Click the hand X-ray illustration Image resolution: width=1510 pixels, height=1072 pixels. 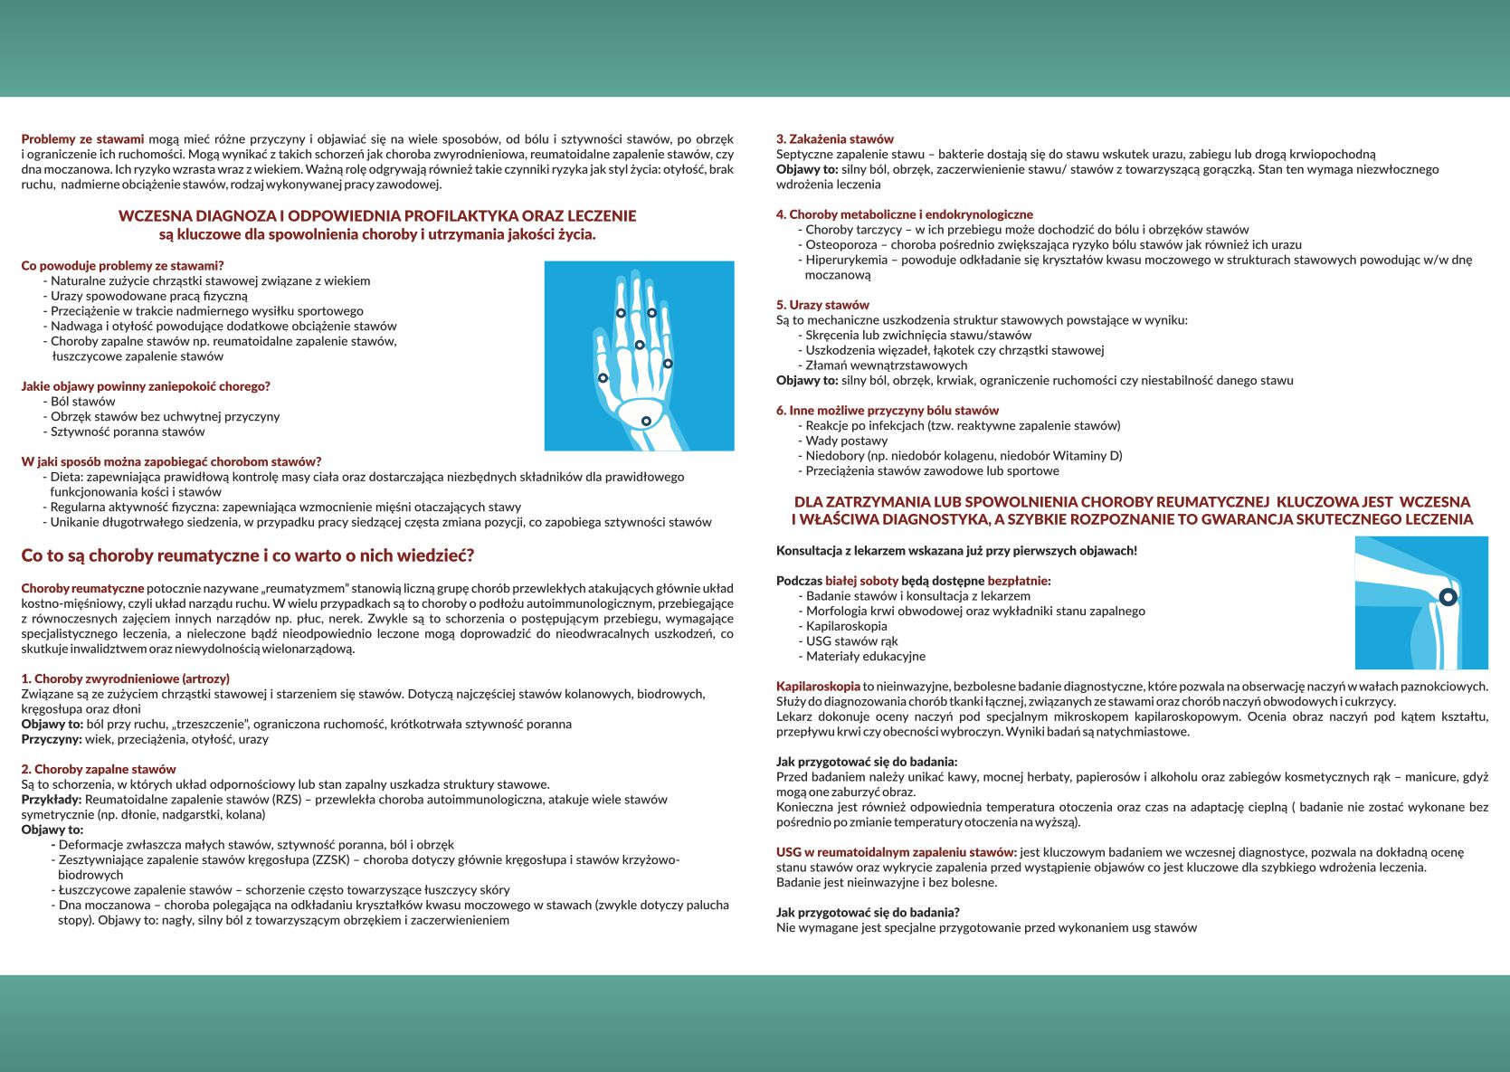point(639,356)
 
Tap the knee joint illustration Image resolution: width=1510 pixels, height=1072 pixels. point(1420,602)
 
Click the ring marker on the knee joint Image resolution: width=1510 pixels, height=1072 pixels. point(1448,597)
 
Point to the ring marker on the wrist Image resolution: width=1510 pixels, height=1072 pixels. point(646,422)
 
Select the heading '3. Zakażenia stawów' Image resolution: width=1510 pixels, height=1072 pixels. point(834,139)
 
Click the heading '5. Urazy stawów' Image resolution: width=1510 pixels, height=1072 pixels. point(821,305)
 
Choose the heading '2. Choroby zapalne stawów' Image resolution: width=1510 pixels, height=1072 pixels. point(99,769)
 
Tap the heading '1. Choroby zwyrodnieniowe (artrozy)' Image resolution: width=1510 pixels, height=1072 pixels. point(125,678)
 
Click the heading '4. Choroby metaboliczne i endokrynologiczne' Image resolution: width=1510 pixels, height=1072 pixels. point(904,214)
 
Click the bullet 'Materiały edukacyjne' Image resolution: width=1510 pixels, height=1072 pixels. point(865,656)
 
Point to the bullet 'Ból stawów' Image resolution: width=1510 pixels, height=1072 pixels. point(82,402)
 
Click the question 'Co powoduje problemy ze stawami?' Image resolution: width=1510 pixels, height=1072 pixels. point(122,266)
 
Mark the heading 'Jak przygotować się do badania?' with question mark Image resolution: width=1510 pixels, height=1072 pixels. point(868,912)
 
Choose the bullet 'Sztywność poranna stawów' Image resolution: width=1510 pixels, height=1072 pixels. point(128,432)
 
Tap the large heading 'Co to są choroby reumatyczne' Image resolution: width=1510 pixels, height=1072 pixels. point(247,555)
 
